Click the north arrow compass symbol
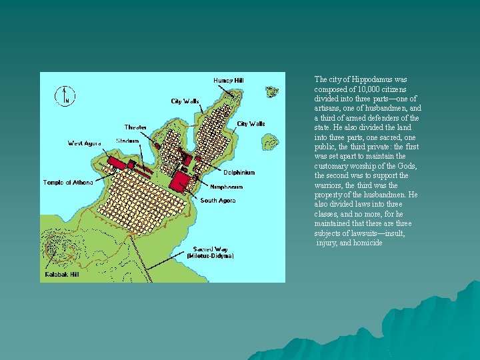[x=64, y=95]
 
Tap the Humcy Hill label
[x=228, y=81]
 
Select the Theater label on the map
[x=135, y=127]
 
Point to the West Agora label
[x=85, y=143]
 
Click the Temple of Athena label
[x=68, y=182]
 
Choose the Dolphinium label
[x=238, y=173]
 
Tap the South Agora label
[x=217, y=200]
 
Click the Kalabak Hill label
[x=62, y=273]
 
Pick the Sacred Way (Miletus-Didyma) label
[x=210, y=252]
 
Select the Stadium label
[x=127, y=141]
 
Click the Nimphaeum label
[x=227, y=187]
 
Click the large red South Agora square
[x=179, y=181]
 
